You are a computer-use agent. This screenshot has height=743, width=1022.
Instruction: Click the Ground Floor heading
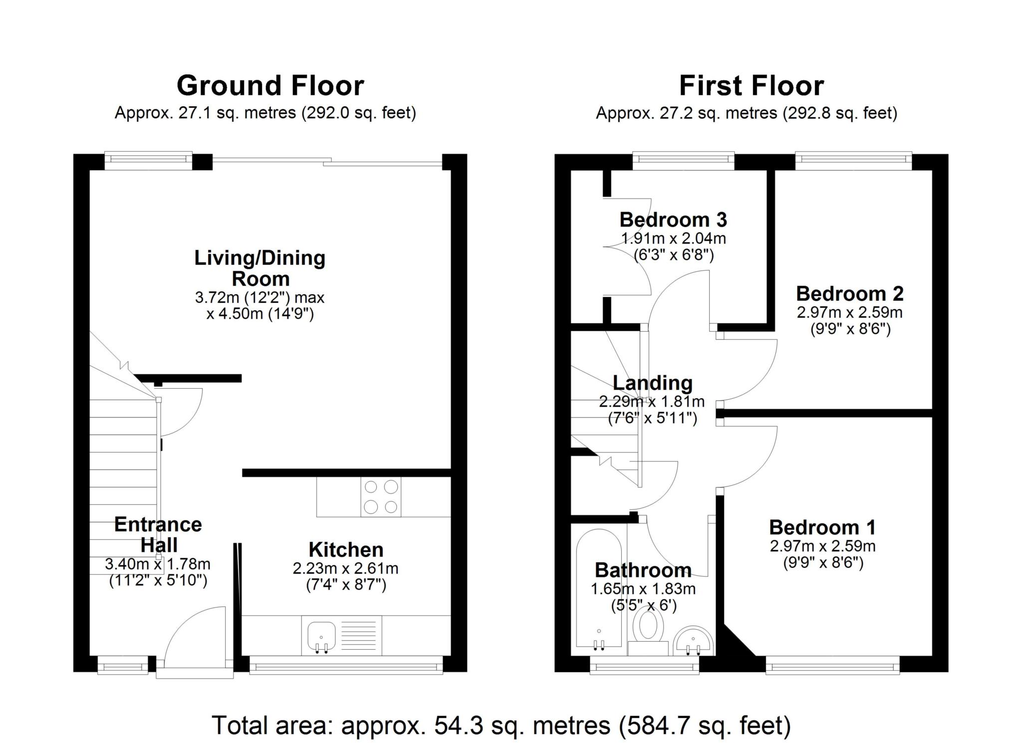270,86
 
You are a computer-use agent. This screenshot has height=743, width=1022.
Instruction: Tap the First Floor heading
751,86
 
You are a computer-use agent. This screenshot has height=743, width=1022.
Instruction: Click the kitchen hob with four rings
381,497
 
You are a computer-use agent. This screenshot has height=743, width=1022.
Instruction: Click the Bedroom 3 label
673,220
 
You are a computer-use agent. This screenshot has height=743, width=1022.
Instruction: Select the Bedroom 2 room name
849,293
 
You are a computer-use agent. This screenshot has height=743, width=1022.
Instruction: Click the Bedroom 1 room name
822,527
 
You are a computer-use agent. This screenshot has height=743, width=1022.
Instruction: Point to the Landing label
652,383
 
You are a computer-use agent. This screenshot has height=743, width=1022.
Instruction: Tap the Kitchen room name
346,549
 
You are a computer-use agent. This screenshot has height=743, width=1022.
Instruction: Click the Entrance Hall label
158,534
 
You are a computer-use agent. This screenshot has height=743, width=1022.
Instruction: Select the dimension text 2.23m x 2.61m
345,568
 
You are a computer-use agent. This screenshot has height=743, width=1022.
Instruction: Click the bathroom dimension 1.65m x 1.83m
643,589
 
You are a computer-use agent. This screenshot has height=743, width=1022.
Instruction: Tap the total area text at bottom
501,725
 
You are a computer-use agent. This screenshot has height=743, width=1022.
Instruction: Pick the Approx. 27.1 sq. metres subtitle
265,113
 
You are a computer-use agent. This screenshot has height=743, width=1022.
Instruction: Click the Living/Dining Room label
259,268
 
